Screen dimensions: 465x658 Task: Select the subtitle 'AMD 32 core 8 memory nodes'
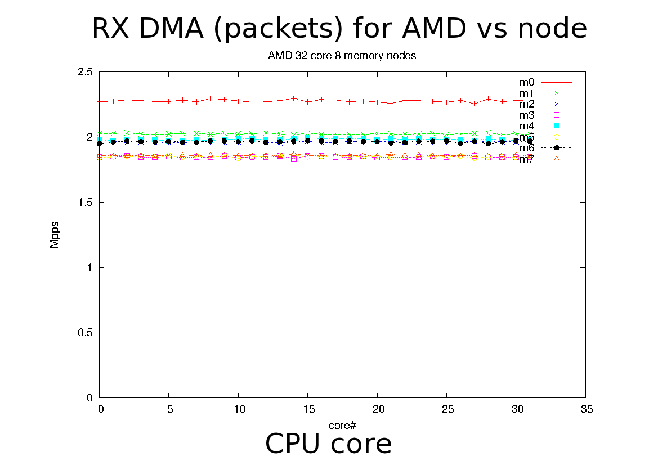[342, 56]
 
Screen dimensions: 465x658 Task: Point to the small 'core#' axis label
[342, 424]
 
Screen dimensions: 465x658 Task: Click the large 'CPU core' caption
[328, 444]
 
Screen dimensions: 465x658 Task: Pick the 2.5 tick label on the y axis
[86, 72]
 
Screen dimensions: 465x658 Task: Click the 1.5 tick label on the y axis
[86, 203]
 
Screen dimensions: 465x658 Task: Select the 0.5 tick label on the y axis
[86, 333]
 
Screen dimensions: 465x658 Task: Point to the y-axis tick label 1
[89, 268]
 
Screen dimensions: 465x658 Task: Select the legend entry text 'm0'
[527, 82]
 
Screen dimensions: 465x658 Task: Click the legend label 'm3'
[527, 115]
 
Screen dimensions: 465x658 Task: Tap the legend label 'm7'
[527, 159]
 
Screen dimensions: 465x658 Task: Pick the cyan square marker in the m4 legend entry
[557, 126]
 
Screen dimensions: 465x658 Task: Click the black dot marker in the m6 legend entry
[557, 147]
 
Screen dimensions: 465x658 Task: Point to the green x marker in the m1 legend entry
[557, 93]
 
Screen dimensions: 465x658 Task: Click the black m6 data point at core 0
[100, 144]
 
